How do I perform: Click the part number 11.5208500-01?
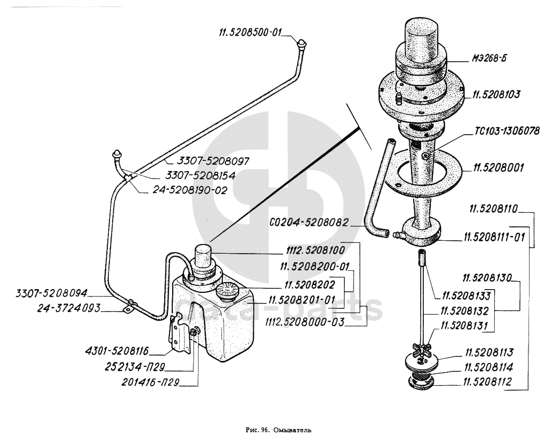tap(250, 33)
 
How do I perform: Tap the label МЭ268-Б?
tap(489, 58)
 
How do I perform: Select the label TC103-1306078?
tap(506, 131)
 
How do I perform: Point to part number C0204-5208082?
tap(309, 223)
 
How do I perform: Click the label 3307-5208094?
tap(52, 293)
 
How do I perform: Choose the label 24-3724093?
tap(69, 308)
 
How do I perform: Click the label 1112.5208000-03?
tap(305, 322)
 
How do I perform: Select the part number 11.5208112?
tap(487, 382)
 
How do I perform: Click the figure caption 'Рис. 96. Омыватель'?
tap(278, 430)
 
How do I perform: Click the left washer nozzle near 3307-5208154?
tap(117, 155)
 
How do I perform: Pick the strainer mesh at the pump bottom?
tap(421, 376)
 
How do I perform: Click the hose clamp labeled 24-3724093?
tap(129, 306)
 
